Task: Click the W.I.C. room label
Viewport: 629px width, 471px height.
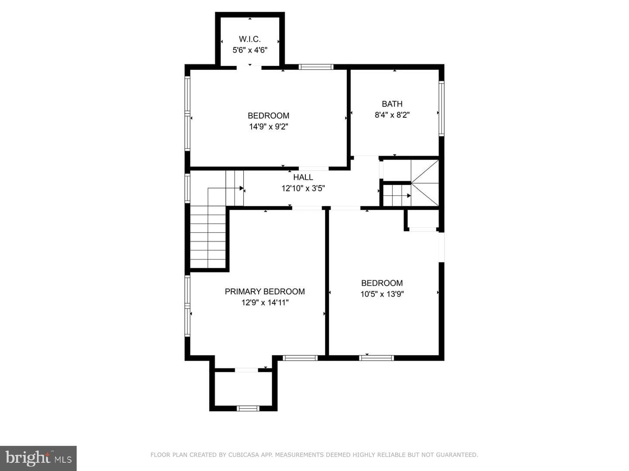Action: [x=249, y=39]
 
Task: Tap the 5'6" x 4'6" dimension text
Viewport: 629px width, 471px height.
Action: [x=250, y=50]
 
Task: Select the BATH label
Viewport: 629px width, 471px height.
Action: [x=392, y=104]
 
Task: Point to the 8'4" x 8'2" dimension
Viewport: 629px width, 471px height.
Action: [x=392, y=115]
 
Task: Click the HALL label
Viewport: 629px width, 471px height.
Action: [x=303, y=177]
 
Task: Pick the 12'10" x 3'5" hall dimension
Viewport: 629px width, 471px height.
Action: [x=303, y=188]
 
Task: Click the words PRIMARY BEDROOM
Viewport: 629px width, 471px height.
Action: [x=265, y=291]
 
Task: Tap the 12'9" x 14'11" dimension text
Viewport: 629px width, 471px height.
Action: [x=265, y=303]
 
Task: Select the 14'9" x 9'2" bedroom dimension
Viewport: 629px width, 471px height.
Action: [x=269, y=126]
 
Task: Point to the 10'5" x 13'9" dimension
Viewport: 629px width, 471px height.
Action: [x=382, y=294]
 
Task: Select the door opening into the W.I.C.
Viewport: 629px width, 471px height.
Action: [x=249, y=68]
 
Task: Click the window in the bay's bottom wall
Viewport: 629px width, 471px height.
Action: [x=248, y=408]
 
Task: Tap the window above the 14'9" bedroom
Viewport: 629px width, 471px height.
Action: [x=316, y=67]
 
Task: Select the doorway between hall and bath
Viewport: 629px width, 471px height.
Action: [x=366, y=157]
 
